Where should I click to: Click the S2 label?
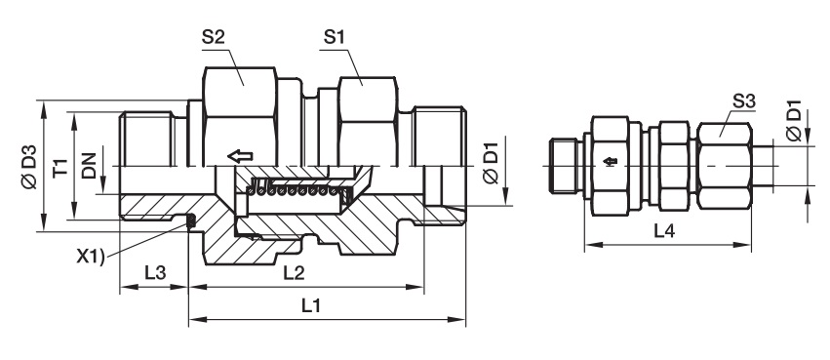click(x=214, y=38)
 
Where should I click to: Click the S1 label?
click(x=334, y=38)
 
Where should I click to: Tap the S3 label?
click(x=743, y=101)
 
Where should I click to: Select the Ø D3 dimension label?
click(x=29, y=166)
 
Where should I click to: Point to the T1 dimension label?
click(x=61, y=166)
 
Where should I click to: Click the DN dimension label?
click(x=90, y=166)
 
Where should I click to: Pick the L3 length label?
click(x=155, y=272)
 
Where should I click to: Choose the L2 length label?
click(x=294, y=272)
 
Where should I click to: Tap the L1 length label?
click(x=312, y=305)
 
